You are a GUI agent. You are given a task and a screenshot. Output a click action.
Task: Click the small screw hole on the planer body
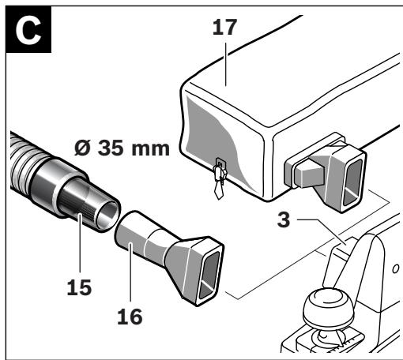[394, 270]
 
